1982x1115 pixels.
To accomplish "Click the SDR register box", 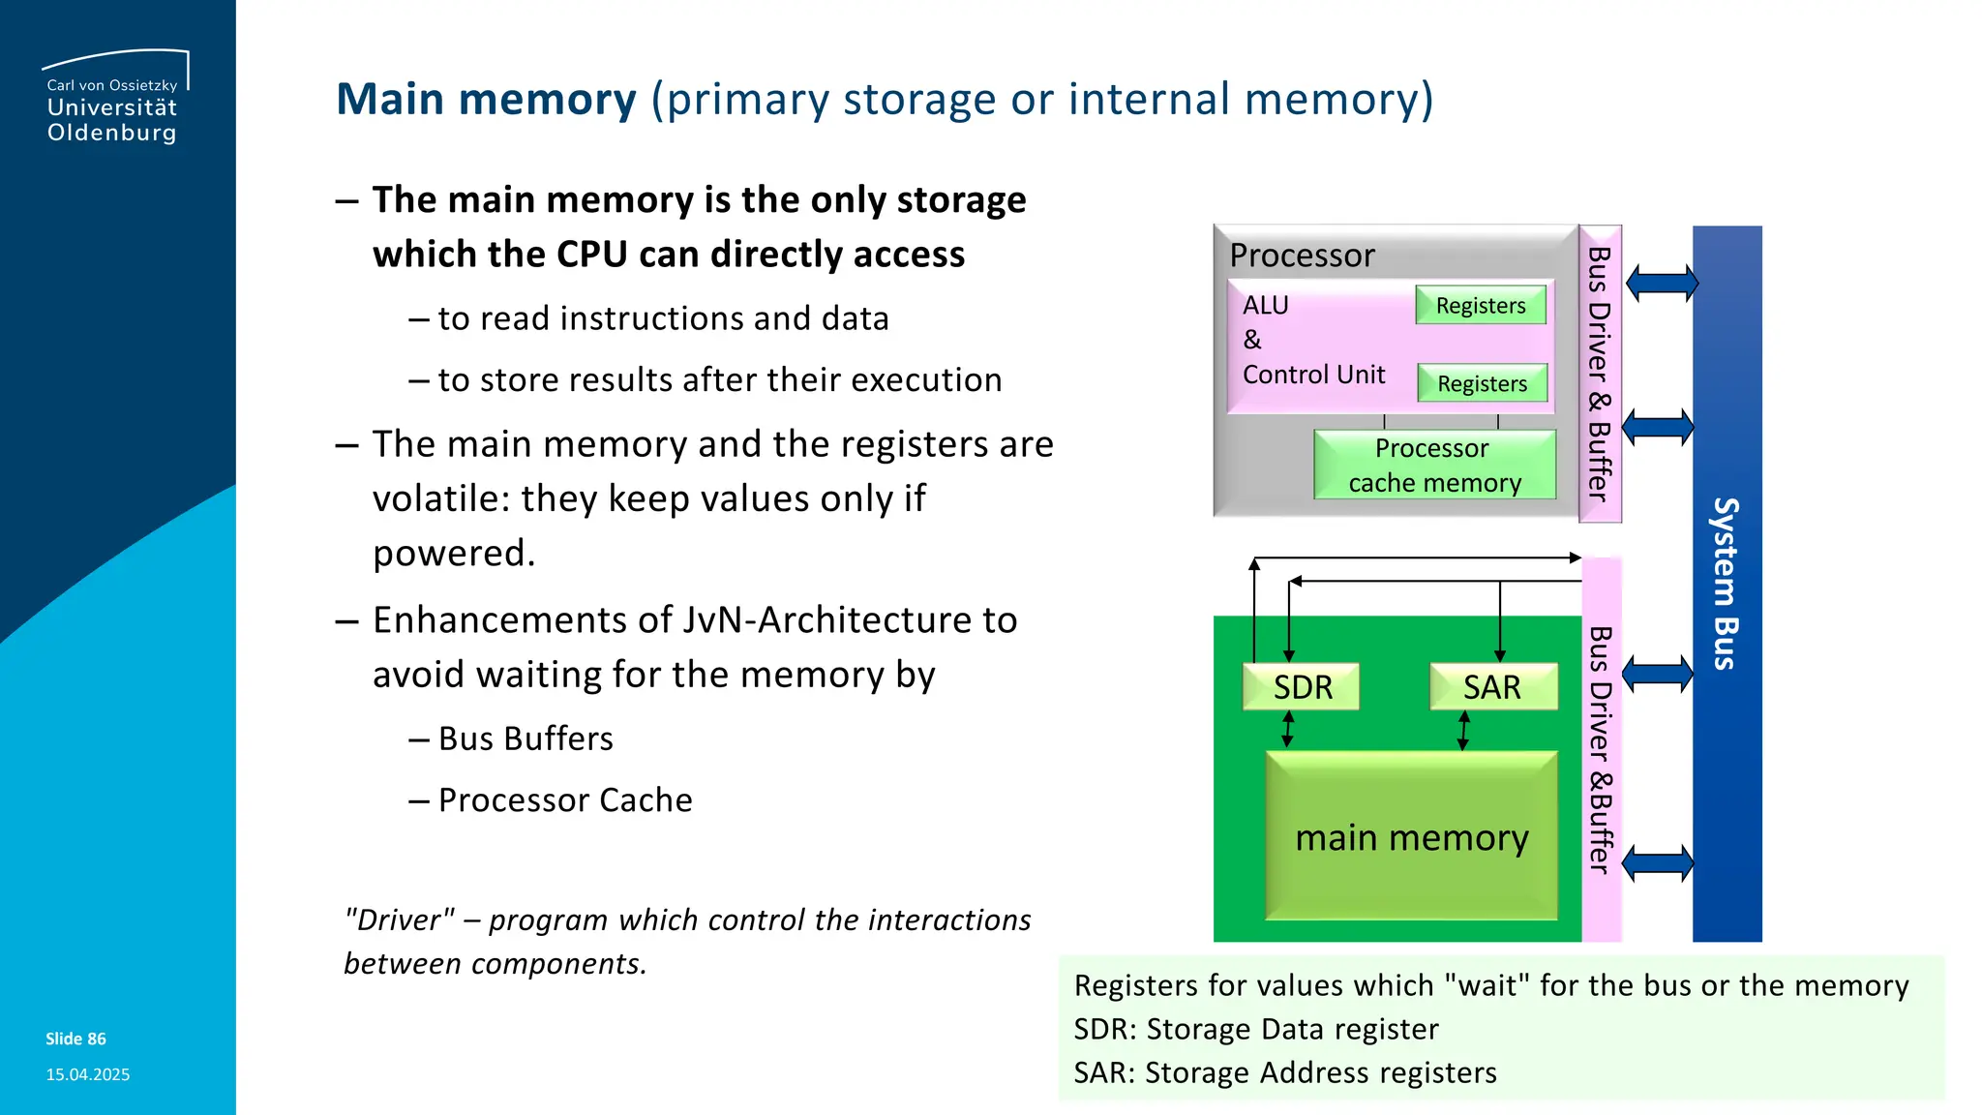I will pyautogui.click(x=1301, y=686).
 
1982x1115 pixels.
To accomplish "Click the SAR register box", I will pyautogui.click(x=1492, y=686).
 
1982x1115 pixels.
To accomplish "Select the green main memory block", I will pyautogui.click(x=1411, y=837).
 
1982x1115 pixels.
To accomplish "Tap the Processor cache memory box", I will pyautogui.click(x=1434, y=466).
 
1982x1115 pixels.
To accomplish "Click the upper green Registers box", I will pyautogui.click(x=1480, y=305).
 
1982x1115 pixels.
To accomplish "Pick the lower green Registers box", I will pyautogui.click(x=1482, y=383).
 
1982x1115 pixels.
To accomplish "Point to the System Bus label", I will pyautogui.click(x=1726, y=584).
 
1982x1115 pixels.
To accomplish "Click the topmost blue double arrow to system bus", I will pyautogui.click(x=1662, y=284).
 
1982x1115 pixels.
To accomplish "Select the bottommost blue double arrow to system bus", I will pyautogui.click(x=1658, y=862).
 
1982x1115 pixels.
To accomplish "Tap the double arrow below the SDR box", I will pyautogui.click(x=1287, y=730).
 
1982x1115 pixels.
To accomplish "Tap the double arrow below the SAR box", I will pyautogui.click(x=1463, y=731).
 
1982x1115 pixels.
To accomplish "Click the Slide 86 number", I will pyautogui.click(x=75, y=1039).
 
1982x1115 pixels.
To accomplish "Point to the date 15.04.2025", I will pyautogui.click(x=87, y=1074).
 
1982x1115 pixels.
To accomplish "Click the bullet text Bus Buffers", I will pyautogui.click(x=526, y=738).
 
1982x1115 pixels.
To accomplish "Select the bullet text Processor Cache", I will pyautogui.click(x=565, y=800).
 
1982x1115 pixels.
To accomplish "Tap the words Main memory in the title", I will pyautogui.click(x=486, y=99).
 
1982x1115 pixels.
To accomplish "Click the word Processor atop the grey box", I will pyautogui.click(x=1302, y=256).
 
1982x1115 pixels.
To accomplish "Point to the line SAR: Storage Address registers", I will pyautogui.click(x=1284, y=1072).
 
